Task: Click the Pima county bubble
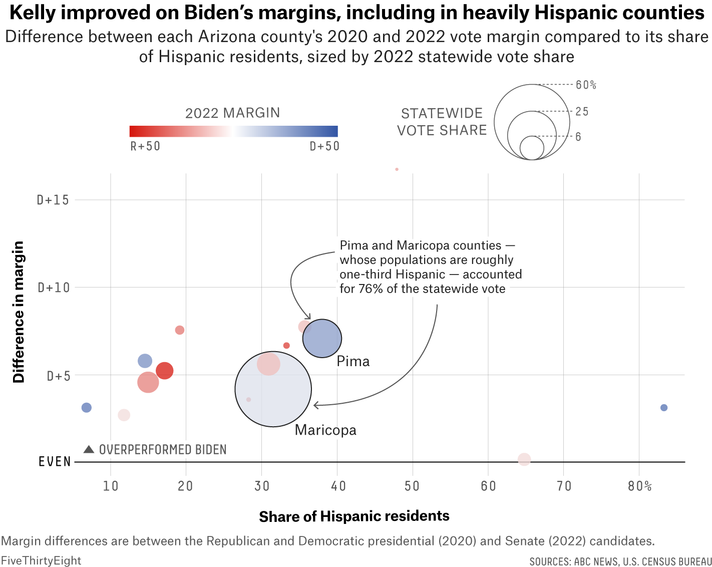[x=322, y=339]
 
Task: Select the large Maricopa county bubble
[x=273, y=389]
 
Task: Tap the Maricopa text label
[x=325, y=430]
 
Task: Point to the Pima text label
[x=353, y=362]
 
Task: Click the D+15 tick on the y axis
[x=53, y=200]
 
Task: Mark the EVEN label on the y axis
[x=55, y=462]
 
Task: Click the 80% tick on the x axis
[x=639, y=486]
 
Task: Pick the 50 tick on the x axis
[x=413, y=486]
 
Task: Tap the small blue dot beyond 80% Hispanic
[x=664, y=408]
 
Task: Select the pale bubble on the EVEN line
[x=524, y=459]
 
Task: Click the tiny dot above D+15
[x=397, y=169]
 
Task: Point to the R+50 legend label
[x=145, y=146]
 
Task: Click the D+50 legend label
[x=324, y=146]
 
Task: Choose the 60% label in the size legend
[x=586, y=85]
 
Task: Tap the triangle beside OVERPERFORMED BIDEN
[x=89, y=449]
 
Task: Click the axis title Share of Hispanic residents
[x=354, y=516]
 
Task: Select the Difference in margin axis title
[x=19, y=312]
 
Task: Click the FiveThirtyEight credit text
[x=41, y=560]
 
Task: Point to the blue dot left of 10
[x=87, y=408]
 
